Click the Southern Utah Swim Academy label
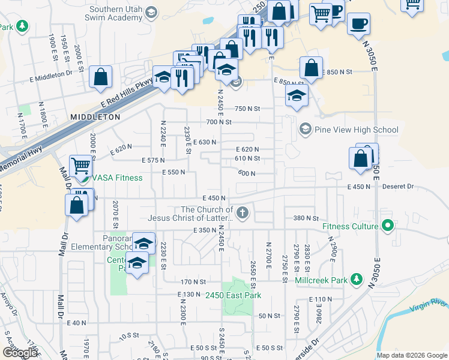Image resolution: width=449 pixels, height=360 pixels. (118, 14)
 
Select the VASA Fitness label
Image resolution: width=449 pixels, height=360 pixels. (117, 178)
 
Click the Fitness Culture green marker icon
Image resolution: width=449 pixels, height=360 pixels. (388, 226)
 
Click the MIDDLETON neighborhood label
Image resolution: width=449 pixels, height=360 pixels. (95, 117)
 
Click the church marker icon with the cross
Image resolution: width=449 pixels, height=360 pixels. (242, 212)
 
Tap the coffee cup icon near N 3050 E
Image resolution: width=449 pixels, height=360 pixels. (358, 24)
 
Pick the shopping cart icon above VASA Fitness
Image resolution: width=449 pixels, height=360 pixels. (80, 165)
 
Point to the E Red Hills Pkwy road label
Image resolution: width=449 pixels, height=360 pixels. (128, 95)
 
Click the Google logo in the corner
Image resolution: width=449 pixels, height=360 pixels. (20, 353)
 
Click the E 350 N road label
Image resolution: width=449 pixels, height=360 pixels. (205, 230)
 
